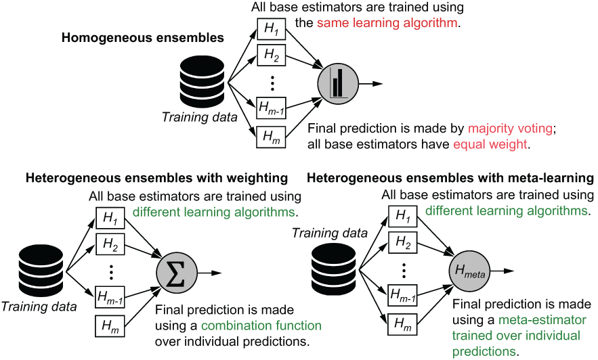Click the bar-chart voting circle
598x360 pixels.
[338, 84]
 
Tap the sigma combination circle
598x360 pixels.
[177, 273]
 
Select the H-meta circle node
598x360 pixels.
[469, 271]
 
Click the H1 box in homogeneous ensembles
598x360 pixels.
[271, 29]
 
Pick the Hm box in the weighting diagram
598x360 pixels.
[110, 326]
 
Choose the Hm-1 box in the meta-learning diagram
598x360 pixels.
[402, 295]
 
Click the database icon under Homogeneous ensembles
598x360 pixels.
[202, 83]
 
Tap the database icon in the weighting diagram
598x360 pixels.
[41, 271]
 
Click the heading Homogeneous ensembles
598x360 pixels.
[143, 38]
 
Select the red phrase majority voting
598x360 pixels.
[510, 129]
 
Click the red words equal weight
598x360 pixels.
[490, 144]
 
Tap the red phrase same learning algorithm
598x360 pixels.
[387, 23]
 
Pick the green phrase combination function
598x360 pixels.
[261, 325]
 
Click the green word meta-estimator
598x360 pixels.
[542, 319]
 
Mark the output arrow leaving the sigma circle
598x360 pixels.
[210, 273]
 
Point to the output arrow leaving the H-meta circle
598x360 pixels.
[503, 271]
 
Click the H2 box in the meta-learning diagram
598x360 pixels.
[402, 242]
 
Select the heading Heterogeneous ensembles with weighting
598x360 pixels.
[156, 178]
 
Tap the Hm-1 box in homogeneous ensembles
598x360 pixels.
[271, 108]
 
